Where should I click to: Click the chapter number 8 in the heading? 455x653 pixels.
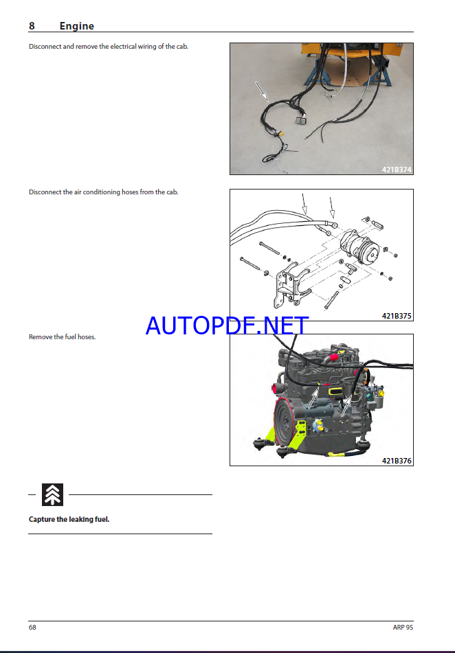pyautogui.click(x=32, y=26)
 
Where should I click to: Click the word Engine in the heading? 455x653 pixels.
pyautogui.click(x=77, y=26)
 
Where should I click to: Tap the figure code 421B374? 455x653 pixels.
pyautogui.click(x=397, y=170)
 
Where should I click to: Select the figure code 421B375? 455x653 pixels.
pyautogui.click(x=397, y=316)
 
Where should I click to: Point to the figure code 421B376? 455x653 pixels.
pyautogui.click(x=397, y=461)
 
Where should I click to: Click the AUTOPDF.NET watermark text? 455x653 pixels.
pyautogui.click(x=227, y=325)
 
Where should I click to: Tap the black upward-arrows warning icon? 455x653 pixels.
pyautogui.click(x=52, y=495)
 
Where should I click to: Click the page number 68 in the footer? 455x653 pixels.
pyautogui.click(x=32, y=627)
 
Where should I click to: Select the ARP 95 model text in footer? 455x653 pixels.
pyautogui.click(x=403, y=627)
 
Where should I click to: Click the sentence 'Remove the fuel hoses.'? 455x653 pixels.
pyautogui.click(x=62, y=337)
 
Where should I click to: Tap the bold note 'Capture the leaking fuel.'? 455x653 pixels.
pyautogui.click(x=69, y=519)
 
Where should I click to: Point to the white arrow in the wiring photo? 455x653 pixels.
pyautogui.click(x=262, y=91)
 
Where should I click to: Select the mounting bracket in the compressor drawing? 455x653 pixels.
pyautogui.click(x=291, y=284)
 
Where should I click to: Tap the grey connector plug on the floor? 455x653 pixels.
pyautogui.click(x=300, y=121)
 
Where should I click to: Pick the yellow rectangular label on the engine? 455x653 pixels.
pyautogui.click(x=335, y=391)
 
